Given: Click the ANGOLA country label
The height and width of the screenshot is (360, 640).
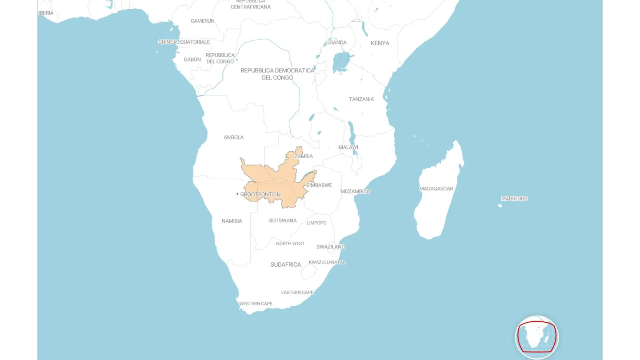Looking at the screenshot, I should tap(233, 137).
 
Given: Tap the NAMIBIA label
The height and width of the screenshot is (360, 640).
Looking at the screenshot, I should tap(232, 221).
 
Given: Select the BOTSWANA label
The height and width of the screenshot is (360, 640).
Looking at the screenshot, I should tap(283, 220).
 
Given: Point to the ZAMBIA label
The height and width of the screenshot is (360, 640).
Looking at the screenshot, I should tap(304, 156).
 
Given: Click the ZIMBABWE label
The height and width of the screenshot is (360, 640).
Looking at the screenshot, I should tap(319, 185).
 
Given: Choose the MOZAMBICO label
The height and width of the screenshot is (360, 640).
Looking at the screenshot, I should tap(355, 191).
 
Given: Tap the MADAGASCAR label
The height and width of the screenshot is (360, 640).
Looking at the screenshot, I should tap(436, 188).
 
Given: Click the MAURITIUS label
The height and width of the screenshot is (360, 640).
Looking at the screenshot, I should tap(514, 199).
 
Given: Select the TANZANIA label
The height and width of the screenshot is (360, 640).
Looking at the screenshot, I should tap(361, 99).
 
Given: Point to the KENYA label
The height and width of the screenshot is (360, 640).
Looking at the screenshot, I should tap(380, 43).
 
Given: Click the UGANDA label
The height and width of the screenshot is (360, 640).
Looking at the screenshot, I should tap(336, 43).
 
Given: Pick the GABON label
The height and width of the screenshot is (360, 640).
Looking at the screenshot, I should tap(192, 60).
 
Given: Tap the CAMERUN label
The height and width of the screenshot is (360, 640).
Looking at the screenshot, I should tap(203, 21).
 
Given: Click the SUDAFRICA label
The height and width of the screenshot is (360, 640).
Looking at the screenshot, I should tap(286, 264).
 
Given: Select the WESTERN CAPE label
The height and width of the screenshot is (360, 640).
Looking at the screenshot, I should tap(256, 304).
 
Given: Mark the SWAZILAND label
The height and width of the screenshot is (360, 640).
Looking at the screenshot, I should tap(331, 247).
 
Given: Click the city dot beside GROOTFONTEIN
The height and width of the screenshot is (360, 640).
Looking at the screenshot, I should tap(237, 194).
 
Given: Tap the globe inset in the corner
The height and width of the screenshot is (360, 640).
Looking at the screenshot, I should tap(537, 337).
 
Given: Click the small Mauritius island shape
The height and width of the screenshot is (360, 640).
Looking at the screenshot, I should tap(500, 205).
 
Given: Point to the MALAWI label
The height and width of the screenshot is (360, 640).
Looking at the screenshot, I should tap(348, 147).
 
